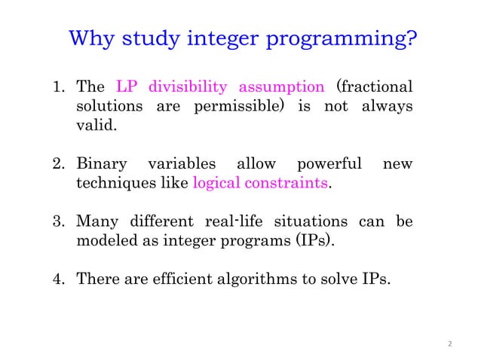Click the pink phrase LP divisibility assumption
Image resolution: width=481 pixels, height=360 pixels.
pos(221,86)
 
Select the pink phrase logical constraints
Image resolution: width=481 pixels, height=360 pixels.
pos(261,183)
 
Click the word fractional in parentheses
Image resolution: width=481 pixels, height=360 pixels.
pos(375,86)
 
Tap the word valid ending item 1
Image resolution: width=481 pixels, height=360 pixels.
pos(97,125)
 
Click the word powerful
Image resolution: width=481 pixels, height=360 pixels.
pos(330,163)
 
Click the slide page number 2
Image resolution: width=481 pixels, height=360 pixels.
pos(449,343)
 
